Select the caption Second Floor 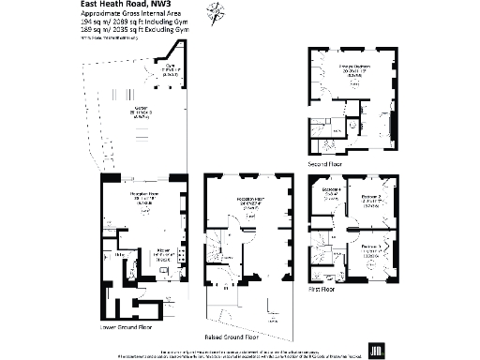pos(324,162)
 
